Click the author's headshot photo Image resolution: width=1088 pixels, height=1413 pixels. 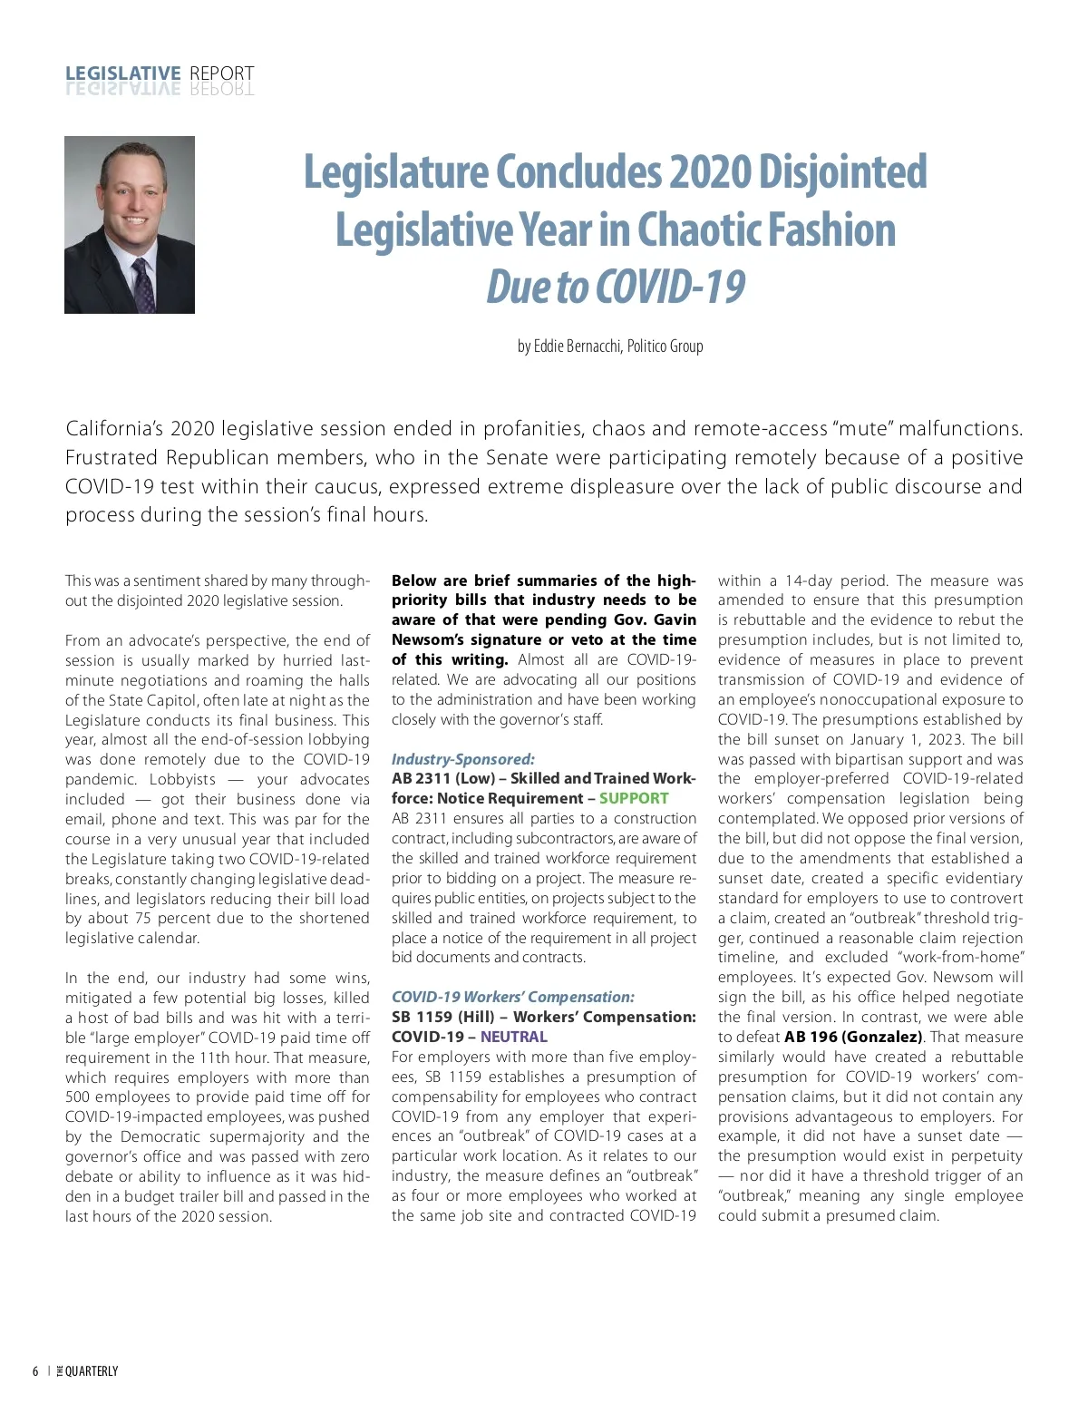pyautogui.click(x=130, y=225)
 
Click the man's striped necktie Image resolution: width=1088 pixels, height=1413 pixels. pyautogui.click(x=143, y=286)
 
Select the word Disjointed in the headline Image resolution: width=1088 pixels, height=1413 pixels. pyautogui.click(x=842, y=172)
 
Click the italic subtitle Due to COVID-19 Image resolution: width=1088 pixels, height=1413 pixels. pyautogui.click(x=616, y=287)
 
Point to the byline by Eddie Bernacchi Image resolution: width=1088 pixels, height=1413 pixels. pyautogui.click(x=610, y=346)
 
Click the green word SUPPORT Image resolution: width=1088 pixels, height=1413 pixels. pyautogui.click(x=634, y=798)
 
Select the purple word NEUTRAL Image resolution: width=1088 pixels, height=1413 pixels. pyautogui.click(x=514, y=1037)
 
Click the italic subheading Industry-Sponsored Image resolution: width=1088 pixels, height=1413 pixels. pyautogui.click(x=463, y=759)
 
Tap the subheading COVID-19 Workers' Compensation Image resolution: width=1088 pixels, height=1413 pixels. pyautogui.click(x=513, y=997)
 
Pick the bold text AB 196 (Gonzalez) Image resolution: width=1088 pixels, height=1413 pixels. pyautogui.click(x=853, y=1037)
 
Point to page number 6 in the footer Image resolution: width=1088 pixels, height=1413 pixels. pyautogui.click(x=35, y=1371)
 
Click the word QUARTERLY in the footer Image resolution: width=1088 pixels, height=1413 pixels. pyautogui.click(x=92, y=1371)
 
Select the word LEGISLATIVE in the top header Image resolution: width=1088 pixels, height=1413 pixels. pyautogui.click(x=123, y=73)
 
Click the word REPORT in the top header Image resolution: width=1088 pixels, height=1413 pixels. pyautogui.click(x=222, y=73)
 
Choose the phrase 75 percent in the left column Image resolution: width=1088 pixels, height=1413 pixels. pyautogui.click(x=161, y=918)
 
